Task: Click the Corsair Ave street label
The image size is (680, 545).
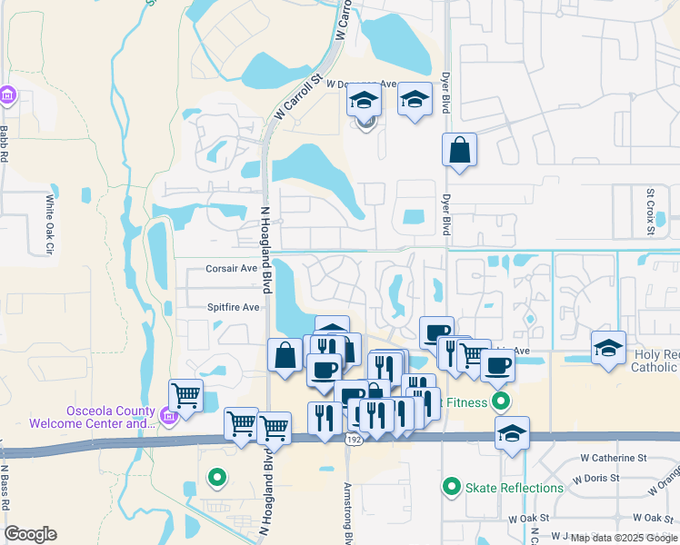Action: tap(231, 269)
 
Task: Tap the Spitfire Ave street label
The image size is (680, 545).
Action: tap(233, 307)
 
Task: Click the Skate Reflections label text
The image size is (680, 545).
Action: tap(515, 488)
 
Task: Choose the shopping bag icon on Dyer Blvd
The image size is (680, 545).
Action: tap(460, 149)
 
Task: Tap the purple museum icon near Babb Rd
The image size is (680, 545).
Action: tap(7, 94)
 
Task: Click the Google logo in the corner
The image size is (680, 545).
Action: tap(30, 534)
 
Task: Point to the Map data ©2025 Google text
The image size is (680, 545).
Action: tap(623, 538)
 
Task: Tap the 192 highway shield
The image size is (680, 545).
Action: tap(353, 440)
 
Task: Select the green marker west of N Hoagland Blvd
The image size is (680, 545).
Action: tap(216, 475)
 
